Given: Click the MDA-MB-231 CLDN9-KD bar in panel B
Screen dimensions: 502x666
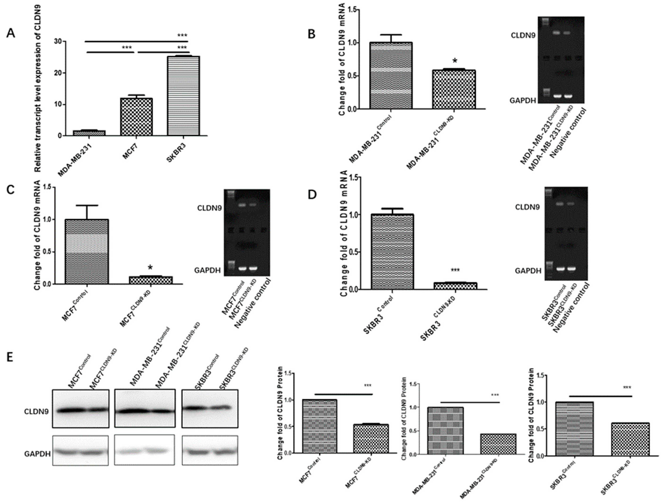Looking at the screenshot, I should (x=454, y=89).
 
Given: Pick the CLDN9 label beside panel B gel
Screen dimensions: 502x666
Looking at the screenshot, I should (x=523, y=35).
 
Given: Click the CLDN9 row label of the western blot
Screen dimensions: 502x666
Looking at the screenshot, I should (x=36, y=411).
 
